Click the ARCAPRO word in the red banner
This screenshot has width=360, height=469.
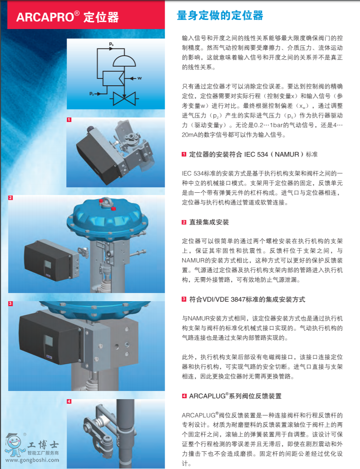[x=44, y=17]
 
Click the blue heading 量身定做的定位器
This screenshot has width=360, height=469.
[x=219, y=16]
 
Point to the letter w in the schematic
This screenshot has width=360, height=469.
[x=140, y=78]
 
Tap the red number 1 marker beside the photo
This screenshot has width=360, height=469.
[x=69, y=120]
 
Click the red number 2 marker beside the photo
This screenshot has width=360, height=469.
[x=10, y=198]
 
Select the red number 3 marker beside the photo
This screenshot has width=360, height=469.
[x=10, y=303]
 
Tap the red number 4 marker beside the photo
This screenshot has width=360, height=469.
[x=69, y=401]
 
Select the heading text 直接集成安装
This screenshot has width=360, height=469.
[x=208, y=222]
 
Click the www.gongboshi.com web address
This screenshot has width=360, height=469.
[x=32, y=460]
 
